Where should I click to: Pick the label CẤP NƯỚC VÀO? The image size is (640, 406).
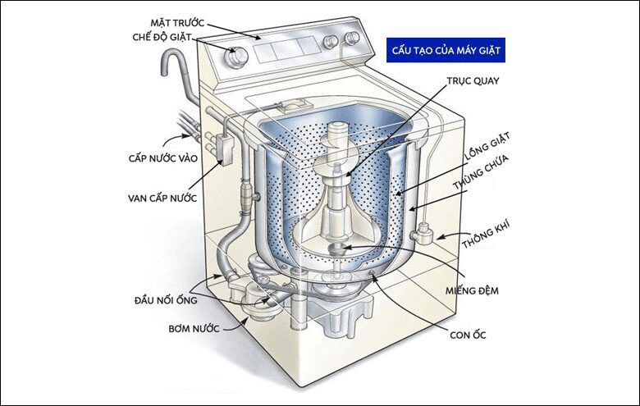click(171, 157)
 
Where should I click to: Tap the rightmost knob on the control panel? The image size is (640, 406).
click(352, 39)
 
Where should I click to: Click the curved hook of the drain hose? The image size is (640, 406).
click(176, 62)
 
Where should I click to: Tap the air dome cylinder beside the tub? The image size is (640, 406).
click(424, 232)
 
